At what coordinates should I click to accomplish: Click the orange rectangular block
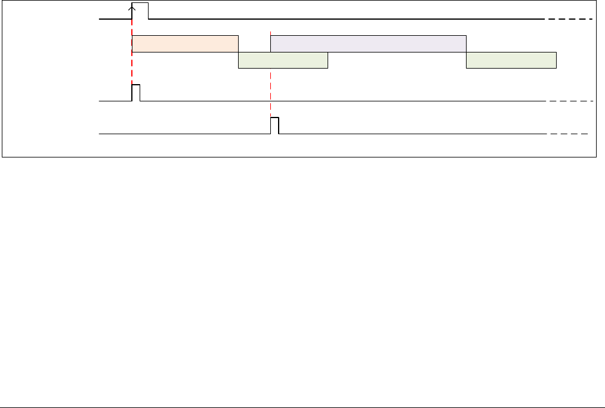(185, 44)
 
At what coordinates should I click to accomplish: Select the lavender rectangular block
(368, 44)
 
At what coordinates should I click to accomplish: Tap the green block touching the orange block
(283, 60)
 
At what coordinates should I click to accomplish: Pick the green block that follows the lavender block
(511, 60)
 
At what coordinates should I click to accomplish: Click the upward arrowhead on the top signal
(132, 8)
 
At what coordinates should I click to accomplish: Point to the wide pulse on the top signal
(140, 4)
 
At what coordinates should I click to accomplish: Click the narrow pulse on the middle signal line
(135, 86)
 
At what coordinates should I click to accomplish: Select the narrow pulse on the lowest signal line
(274, 119)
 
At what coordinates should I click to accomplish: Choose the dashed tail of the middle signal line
(570, 102)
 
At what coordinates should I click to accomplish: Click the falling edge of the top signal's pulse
(149, 11)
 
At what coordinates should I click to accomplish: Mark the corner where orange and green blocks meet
(239, 52)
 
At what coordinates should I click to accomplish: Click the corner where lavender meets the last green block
(466, 52)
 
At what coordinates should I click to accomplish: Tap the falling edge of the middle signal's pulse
(140, 94)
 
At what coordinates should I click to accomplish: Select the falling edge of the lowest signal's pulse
(279, 126)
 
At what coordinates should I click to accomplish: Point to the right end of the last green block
(556, 60)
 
